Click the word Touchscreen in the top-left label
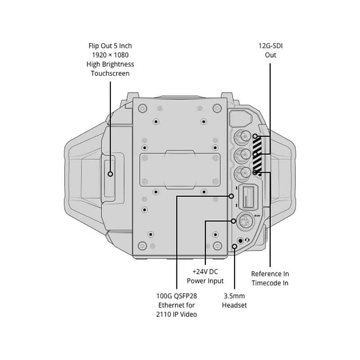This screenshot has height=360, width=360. click(x=110, y=73)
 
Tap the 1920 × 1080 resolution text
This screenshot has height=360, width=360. click(x=110, y=55)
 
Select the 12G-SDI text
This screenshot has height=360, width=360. click(x=270, y=46)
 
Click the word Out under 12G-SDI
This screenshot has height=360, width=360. click(x=270, y=55)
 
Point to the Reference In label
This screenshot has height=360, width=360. click(x=270, y=274)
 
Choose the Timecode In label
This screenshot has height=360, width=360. click(x=270, y=283)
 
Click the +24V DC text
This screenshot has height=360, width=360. click(x=205, y=272)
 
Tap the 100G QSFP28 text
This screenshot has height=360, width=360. click(x=176, y=296)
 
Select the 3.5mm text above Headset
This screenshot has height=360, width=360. click(x=234, y=296)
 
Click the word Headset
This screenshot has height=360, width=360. click(x=234, y=305)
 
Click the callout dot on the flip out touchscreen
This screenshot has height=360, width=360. click(x=110, y=174)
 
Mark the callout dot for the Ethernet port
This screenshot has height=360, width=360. click(x=231, y=196)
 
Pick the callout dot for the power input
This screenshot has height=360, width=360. click(x=233, y=221)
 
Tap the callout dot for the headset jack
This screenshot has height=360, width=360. click(x=234, y=246)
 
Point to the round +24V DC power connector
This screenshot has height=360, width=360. click(x=245, y=221)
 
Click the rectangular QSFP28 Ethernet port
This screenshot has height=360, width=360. click(x=248, y=197)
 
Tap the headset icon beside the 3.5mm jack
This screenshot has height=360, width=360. click(x=247, y=240)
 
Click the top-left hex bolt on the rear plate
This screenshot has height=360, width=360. click(x=142, y=108)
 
